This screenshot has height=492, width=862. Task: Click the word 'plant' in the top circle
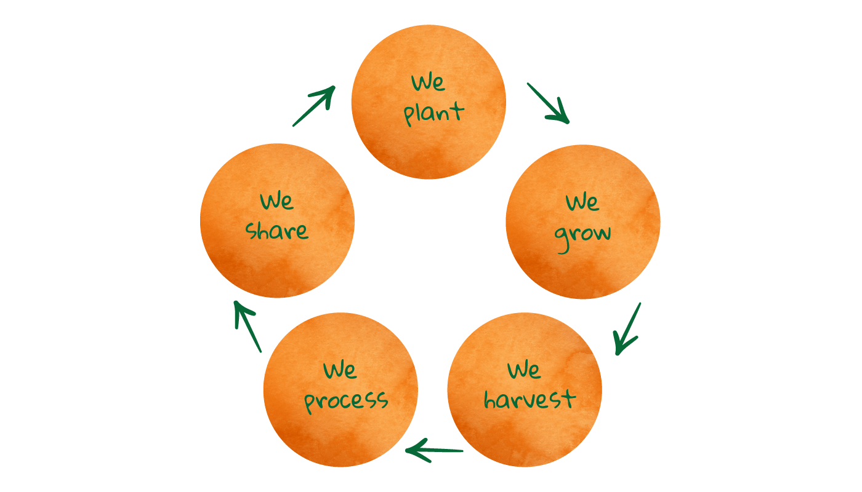[x=433, y=113]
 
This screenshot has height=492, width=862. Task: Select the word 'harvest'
[x=530, y=399]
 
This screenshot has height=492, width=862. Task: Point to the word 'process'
[x=345, y=402]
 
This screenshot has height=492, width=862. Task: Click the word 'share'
[x=276, y=231]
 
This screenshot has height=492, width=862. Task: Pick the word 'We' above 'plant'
[x=428, y=82]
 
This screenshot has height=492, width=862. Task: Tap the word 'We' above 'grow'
[x=582, y=202]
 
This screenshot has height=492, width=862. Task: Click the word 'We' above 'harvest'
[x=524, y=370]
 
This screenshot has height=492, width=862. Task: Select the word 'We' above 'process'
[x=340, y=370]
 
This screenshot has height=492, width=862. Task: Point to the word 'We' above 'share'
[x=276, y=201]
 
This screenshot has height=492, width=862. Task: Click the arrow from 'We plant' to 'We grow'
[x=548, y=103]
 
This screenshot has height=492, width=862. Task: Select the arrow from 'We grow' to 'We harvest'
[x=627, y=329]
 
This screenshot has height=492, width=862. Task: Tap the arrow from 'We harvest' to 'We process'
[x=433, y=450]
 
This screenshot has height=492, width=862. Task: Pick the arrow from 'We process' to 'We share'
[x=248, y=327]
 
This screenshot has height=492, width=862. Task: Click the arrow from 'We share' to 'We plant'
[x=314, y=106]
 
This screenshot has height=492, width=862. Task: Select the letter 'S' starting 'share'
[x=252, y=231]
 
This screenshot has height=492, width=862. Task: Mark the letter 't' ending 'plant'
[x=457, y=111]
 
